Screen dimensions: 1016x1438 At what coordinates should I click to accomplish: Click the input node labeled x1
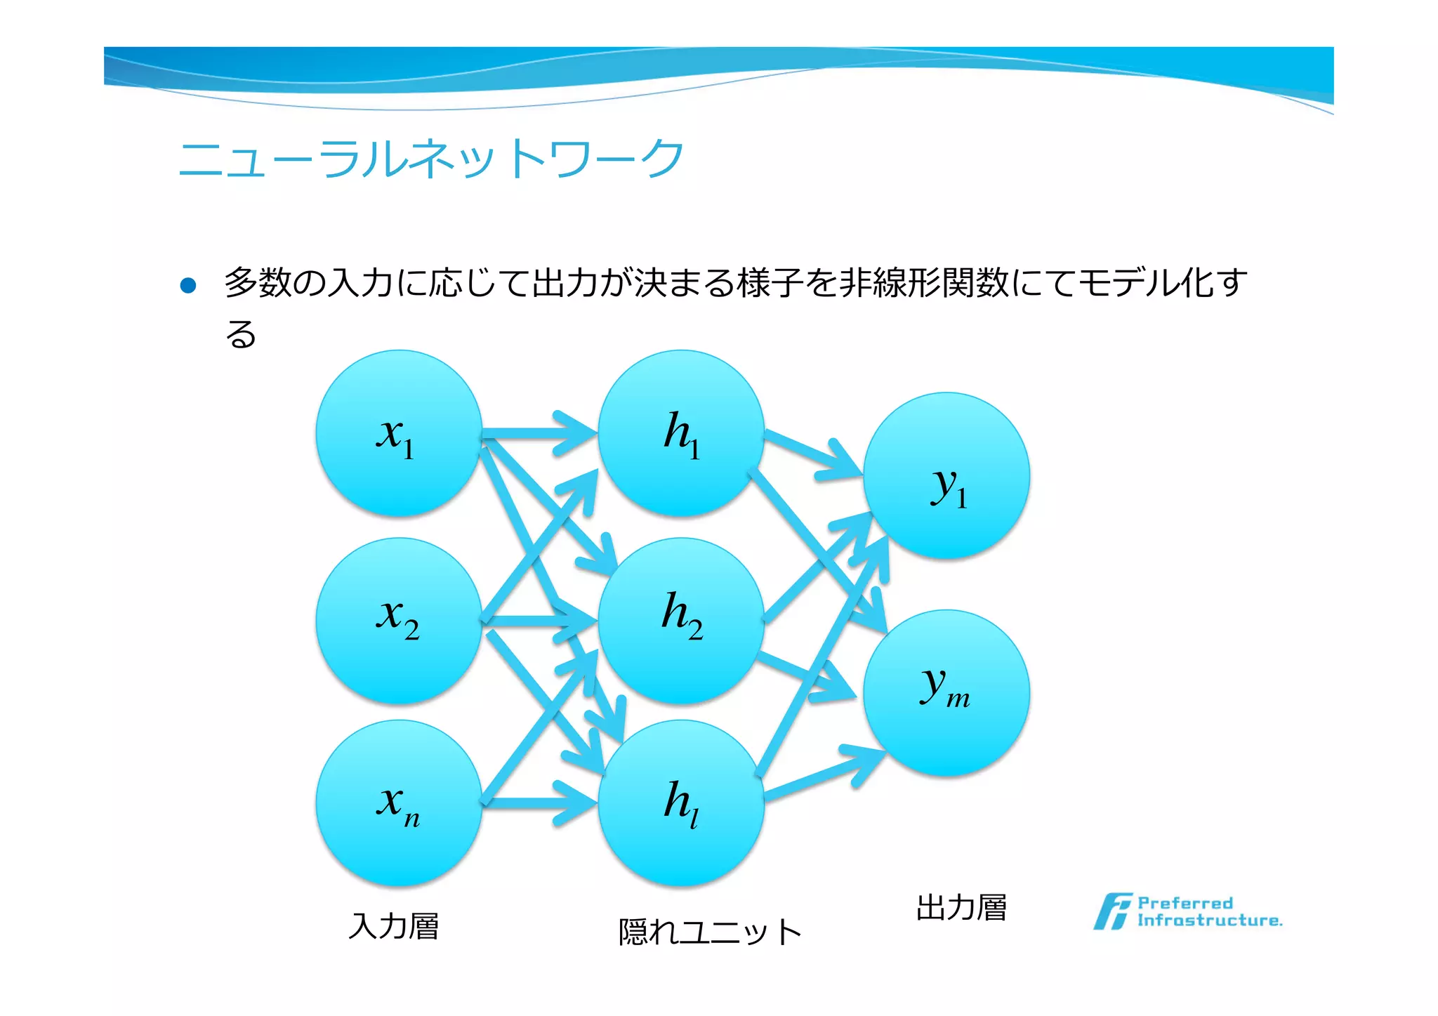399,433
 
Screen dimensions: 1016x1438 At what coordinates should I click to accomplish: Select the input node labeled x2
399,621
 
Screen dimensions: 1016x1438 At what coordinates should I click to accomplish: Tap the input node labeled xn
399,803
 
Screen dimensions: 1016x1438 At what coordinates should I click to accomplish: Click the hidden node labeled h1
681,433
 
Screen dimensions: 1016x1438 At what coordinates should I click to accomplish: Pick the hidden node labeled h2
681,621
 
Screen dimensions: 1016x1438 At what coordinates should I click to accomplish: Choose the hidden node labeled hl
681,803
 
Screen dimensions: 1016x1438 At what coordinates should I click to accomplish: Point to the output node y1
946,475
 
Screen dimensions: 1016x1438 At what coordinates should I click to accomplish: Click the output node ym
946,692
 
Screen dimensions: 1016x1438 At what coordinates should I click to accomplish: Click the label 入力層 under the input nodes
394,926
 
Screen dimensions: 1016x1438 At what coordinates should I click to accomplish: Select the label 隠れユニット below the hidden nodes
709,932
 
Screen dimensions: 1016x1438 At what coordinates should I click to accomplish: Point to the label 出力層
961,908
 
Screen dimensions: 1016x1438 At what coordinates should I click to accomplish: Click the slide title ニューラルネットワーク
431,159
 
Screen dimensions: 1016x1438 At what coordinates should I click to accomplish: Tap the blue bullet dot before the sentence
188,285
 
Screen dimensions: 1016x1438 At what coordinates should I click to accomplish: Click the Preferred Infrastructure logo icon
1112,911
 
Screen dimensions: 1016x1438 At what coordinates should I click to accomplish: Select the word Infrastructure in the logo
1209,921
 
